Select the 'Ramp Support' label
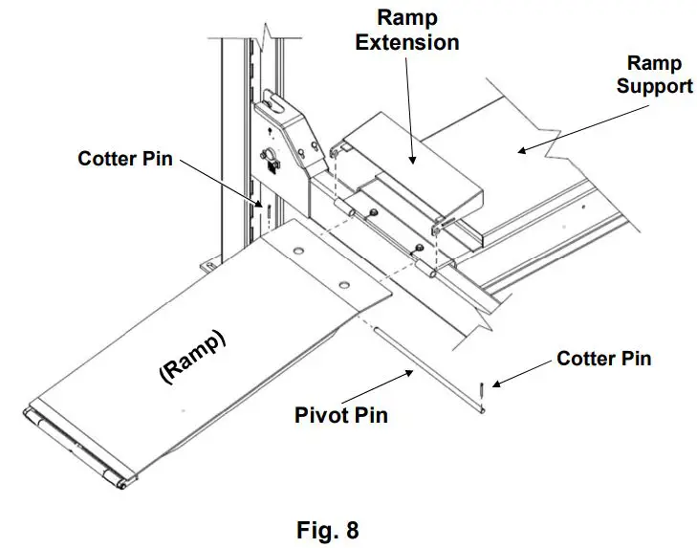click(x=654, y=75)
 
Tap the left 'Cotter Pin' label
click(x=125, y=159)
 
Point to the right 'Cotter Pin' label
click(x=603, y=359)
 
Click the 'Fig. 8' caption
click(x=328, y=529)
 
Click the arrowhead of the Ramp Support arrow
click(x=522, y=151)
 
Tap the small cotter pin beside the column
click(x=269, y=209)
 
